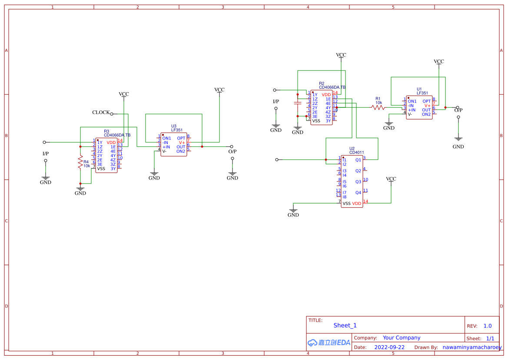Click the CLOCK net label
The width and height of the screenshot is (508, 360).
pos(101,112)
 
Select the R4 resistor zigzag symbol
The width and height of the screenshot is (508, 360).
pos(80,163)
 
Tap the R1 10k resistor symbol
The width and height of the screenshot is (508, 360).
pos(378,107)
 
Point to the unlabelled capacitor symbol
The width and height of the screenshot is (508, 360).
pos(298,103)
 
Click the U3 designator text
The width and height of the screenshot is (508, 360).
pos(174,126)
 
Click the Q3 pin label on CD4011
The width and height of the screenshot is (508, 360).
pos(358,182)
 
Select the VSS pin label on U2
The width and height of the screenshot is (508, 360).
pos(346,203)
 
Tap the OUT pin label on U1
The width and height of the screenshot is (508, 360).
pos(426,110)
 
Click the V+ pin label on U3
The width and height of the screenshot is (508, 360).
pos(182,143)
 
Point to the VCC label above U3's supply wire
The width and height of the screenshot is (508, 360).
pos(219,90)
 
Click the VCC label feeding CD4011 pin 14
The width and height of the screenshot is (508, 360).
pos(391,179)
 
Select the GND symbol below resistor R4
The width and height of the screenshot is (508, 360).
pos(80,191)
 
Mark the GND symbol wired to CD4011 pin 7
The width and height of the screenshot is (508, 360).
pos(293,213)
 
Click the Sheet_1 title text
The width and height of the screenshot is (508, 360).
pos(345,326)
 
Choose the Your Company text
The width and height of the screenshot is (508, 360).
pos(402,338)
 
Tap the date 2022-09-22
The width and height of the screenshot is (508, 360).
pos(389,347)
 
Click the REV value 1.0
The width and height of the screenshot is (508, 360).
pos(488,326)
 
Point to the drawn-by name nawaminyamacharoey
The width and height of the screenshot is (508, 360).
pos(472,347)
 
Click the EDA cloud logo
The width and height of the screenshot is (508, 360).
pos(329,343)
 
